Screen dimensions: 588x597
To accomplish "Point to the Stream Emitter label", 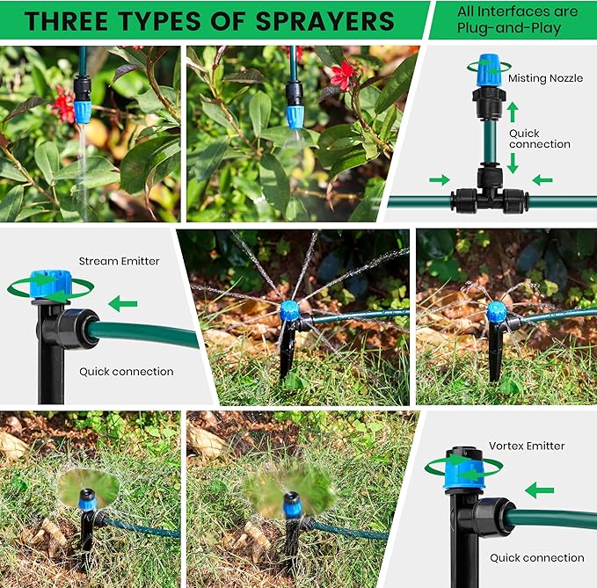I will [x=119, y=261].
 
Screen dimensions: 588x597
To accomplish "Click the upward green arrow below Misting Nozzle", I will [x=513, y=112].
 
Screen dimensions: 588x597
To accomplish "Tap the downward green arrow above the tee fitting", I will [x=513, y=163].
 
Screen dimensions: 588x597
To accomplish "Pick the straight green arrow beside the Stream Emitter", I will [x=123, y=304].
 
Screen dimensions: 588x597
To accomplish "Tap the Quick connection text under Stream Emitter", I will [x=126, y=372].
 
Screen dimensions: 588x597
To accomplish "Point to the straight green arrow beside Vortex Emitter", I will [x=539, y=490].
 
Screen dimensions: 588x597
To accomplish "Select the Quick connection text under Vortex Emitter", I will [x=536, y=557].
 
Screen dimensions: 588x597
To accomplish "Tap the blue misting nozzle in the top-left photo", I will [x=82, y=111].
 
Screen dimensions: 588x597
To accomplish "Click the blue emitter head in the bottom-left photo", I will [x=87, y=498].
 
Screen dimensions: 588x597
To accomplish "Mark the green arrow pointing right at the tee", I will [x=439, y=180].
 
